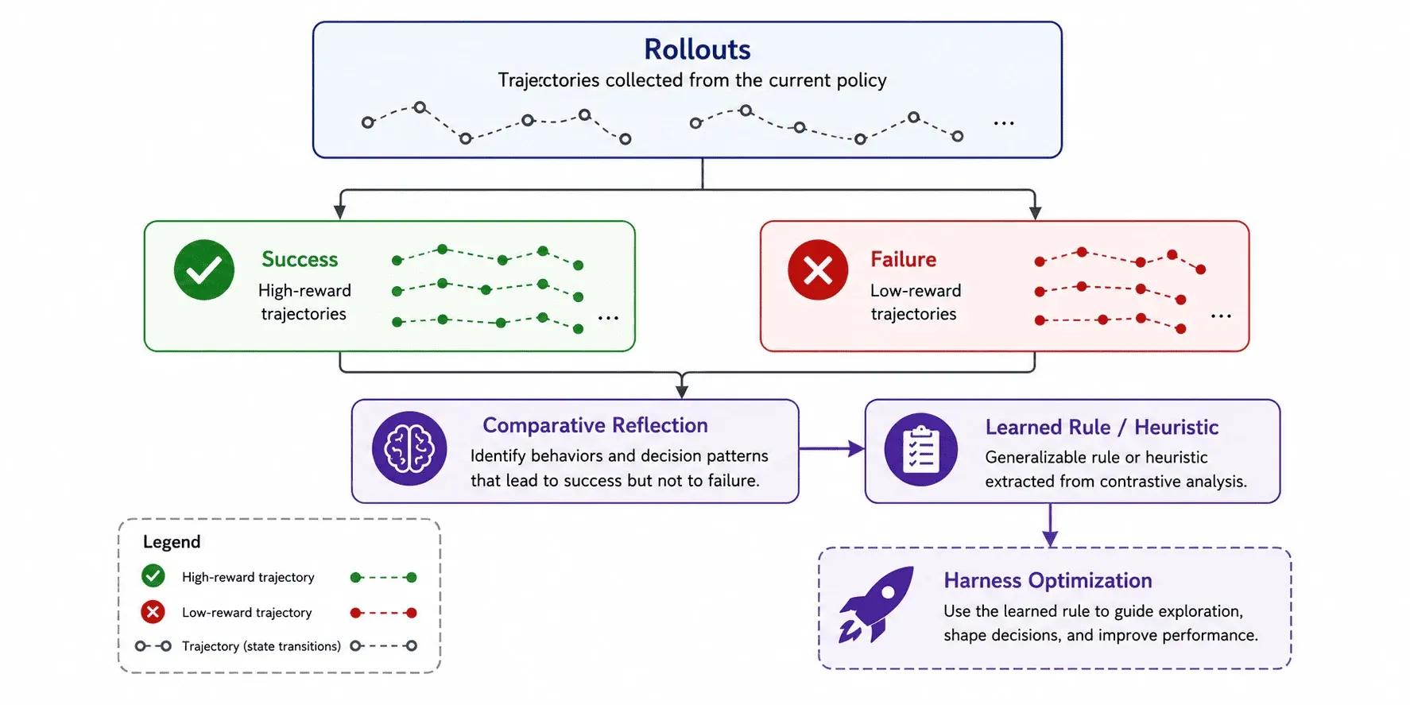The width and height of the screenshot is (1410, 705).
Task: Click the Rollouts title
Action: [x=697, y=49]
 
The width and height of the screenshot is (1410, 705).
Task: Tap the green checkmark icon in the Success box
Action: [x=204, y=269]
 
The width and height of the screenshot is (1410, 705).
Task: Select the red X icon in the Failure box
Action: [x=818, y=269]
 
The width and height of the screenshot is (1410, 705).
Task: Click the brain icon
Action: [x=409, y=448]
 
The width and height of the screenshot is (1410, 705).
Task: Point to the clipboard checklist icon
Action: [x=921, y=449]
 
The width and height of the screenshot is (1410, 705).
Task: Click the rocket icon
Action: [x=876, y=604]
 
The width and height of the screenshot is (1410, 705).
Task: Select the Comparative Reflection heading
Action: [x=595, y=425]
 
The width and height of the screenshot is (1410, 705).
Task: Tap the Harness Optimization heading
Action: [x=1048, y=580]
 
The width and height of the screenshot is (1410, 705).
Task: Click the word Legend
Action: [x=172, y=542]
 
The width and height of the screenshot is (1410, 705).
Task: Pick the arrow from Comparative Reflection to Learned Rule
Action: [x=831, y=449]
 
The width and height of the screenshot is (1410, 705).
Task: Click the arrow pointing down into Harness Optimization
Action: [x=1050, y=525]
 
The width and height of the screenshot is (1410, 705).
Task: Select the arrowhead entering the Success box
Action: [x=340, y=212]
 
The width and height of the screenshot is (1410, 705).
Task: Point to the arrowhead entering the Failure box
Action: [x=1035, y=212]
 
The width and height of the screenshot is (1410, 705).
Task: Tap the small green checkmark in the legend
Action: [x=153, y=575]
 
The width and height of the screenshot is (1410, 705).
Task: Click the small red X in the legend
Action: [x=153, y=612]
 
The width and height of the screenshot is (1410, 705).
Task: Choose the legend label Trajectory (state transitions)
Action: [x=261, y=646]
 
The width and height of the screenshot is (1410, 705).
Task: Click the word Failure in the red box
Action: [x=903, y=259]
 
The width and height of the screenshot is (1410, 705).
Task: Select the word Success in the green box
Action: [x=300, y=259]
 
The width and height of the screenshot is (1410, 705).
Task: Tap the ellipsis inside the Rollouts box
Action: [x=1004, y=123]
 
